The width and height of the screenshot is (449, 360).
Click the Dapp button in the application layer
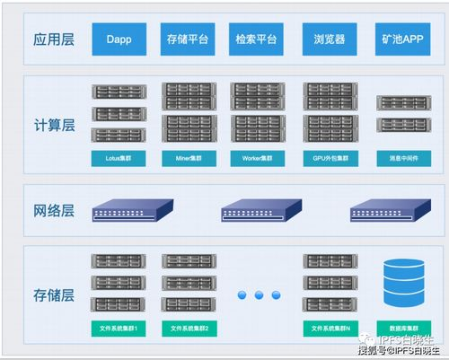pos(119,40)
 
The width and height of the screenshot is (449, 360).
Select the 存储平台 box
pos(189,40)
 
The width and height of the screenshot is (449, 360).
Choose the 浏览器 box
pos(329,40)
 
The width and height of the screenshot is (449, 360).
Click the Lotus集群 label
pos(119,158)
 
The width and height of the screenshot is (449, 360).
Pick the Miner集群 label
pos(189,158)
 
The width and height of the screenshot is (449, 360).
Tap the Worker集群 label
pos(259,158)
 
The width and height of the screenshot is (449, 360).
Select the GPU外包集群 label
pos(329,158)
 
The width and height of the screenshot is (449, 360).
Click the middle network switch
pos(259,212)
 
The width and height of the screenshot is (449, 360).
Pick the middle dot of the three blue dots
pos(259,294)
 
